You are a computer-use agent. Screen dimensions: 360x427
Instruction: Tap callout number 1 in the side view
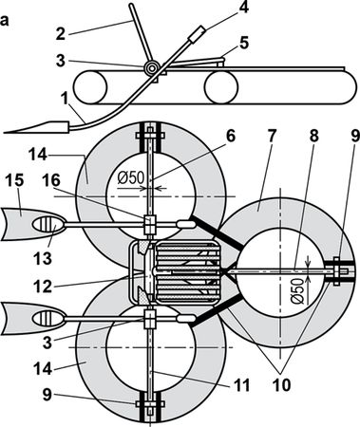pos(66,100)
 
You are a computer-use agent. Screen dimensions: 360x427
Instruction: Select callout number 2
pos(61,33)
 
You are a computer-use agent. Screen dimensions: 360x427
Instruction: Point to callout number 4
pos(243,8)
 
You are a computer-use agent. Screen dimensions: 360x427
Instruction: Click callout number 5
pos(243,44)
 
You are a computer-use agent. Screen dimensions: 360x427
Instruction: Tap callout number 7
pos(272,136)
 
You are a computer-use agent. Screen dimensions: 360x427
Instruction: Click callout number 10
pos(281,385)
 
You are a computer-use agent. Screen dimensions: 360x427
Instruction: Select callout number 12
pos(43,287)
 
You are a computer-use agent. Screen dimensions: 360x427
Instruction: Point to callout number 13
pos(43,258)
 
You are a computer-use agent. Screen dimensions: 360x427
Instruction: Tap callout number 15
pos(14,180)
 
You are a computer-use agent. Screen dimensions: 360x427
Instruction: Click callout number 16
pos(51,180)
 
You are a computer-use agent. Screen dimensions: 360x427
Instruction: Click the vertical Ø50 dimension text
pos(301,290)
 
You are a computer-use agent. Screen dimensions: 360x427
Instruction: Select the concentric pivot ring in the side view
pos(152,67)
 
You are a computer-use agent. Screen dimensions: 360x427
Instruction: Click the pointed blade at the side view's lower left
pos(37,127)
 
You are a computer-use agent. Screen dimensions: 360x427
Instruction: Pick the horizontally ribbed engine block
pos(188,272)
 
